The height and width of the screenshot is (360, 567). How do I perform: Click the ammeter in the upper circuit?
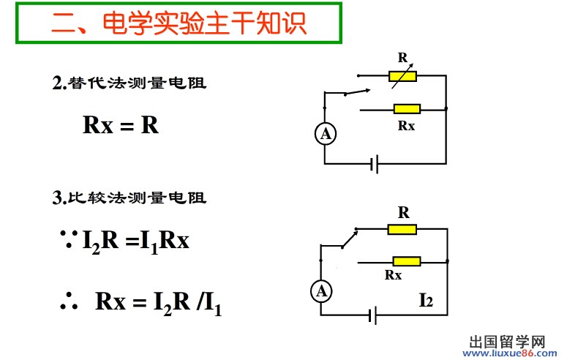(326, 134)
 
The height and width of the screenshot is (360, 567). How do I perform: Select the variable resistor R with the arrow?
(402, 75)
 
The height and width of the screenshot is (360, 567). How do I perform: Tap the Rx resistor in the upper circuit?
(407, 109)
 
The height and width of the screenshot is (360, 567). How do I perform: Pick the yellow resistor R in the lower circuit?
(402, 229)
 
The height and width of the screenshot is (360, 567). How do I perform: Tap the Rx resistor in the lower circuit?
(407, 261)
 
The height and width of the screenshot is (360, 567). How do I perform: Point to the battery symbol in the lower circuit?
(374, 316)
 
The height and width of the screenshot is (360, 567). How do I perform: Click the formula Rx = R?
(121, 124)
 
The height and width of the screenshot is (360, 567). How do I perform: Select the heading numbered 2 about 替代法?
(129, 83)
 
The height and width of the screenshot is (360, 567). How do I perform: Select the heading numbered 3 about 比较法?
(129, 198)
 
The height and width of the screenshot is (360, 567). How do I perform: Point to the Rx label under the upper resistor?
(407, 125)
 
